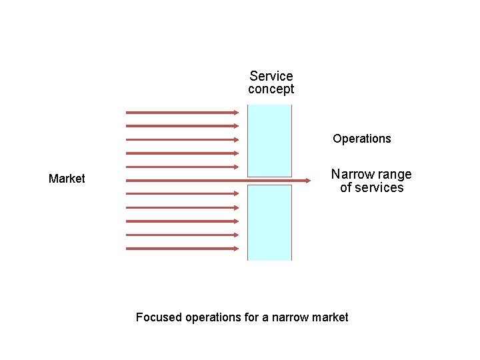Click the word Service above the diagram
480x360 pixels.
click(x=271, y=77)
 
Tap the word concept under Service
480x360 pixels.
click(x=271, y=89)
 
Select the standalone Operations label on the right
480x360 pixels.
click(x=362, y=139)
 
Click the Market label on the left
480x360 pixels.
click(x=67, y=179)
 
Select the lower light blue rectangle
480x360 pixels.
click(x=269, y=222)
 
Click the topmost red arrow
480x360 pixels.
click(x=181, y=113)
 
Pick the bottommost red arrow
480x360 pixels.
click(x=181, y=249)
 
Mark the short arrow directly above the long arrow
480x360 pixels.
click(x=181, y=167)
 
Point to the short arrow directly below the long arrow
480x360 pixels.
click(x=181, y=194)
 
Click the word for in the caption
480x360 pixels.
click(x=251, y=317)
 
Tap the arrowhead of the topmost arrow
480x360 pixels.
click(x=235, y=113)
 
